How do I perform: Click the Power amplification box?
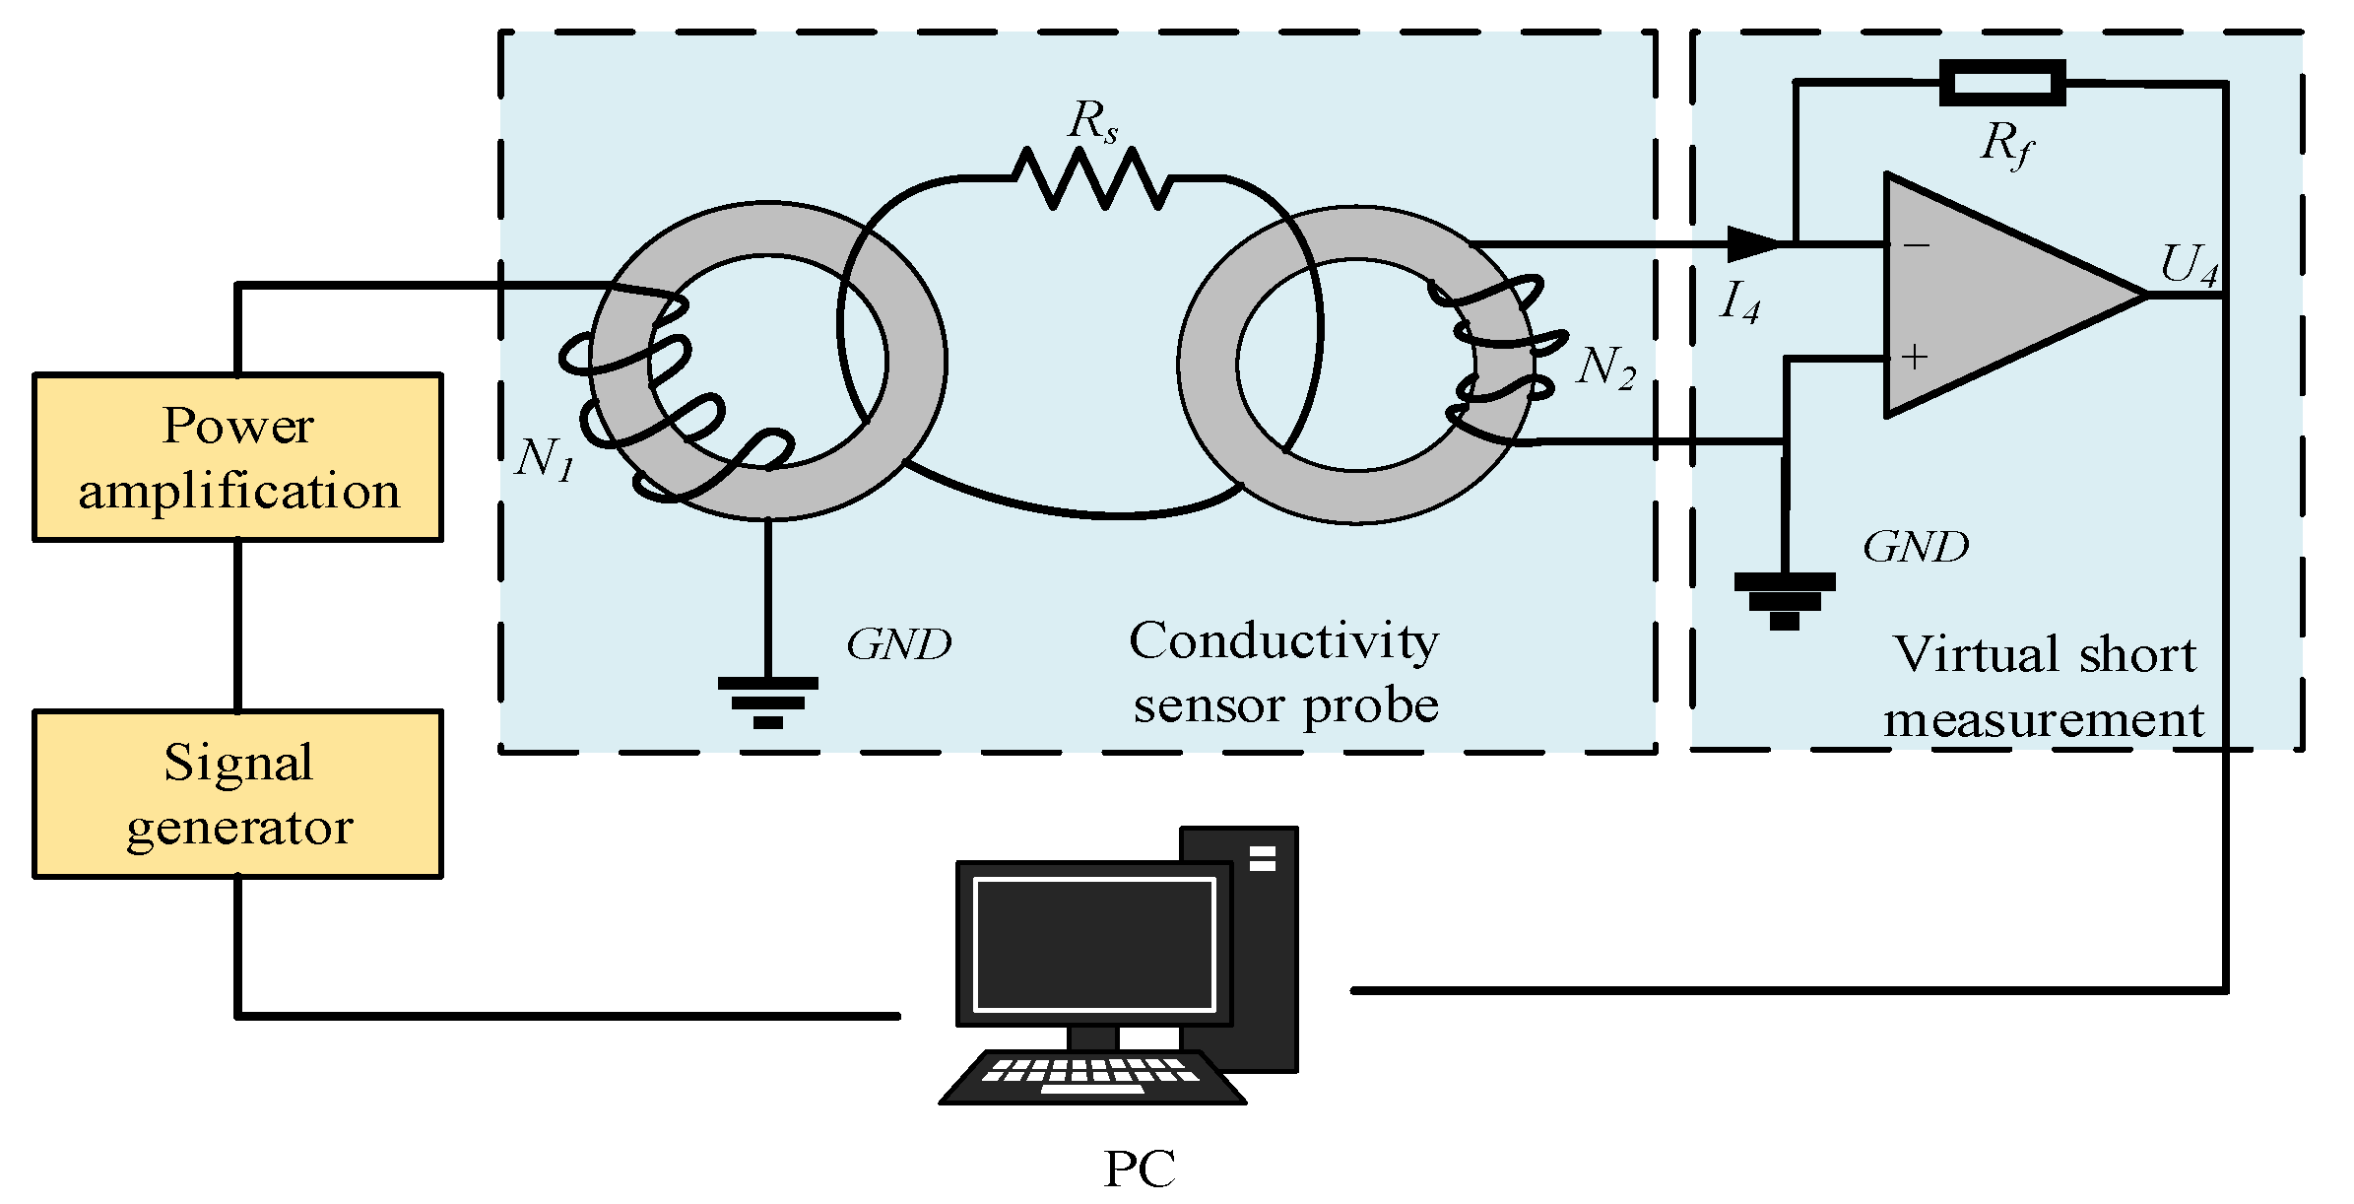(237, 457)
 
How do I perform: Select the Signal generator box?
(237, 794)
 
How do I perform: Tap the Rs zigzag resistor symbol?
(1091, 179)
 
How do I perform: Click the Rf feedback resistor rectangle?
(2002, 83)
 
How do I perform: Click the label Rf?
(2005, 145)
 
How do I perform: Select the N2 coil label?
(1605, 368)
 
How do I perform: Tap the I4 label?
(1739, 302)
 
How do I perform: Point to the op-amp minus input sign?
(1916, 244)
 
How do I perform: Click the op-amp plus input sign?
(1915, 357)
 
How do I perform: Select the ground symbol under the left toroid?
(767, 702)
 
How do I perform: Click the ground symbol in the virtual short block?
(1784, 599)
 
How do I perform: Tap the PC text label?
(1140, 1170)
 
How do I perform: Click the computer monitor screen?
(1093, 944)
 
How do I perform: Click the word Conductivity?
(1283, 642)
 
